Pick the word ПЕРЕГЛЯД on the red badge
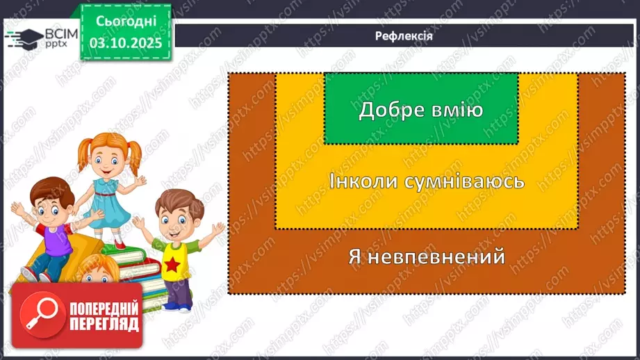pyautogui.click(x=104, y=324)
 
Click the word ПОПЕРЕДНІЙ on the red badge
pyautogui.click(x=104, y=308)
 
